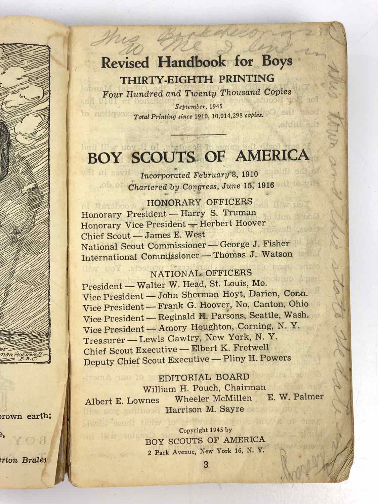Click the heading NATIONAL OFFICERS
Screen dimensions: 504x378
(x=201, y=273)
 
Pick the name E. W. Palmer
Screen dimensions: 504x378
(x=295, y=397)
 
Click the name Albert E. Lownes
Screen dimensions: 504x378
(x=122, y=401)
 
